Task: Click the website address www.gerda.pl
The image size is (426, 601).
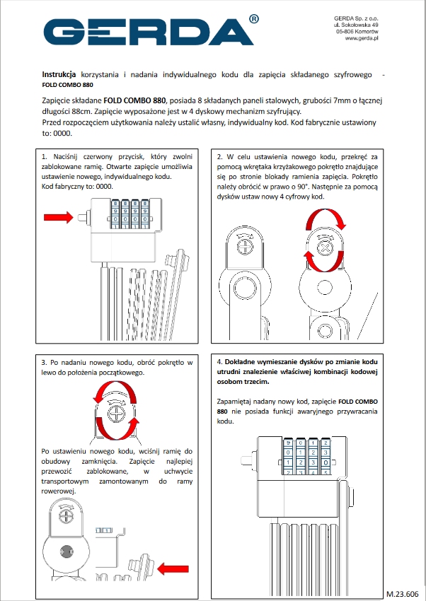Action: tap(362, 38)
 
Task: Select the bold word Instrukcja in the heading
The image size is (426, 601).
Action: tap(59, 74)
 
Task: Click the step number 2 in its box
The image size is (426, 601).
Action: tap(220, 157)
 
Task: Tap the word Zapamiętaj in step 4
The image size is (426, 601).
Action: tap(235, 402)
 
